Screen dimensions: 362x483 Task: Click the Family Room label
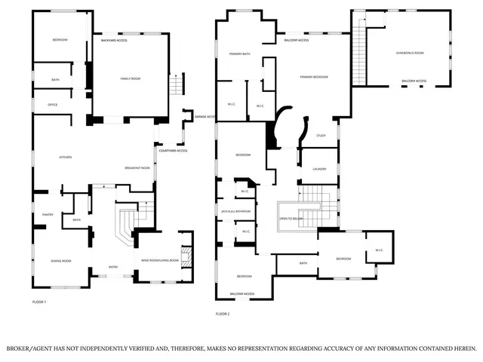(x=131, y=78)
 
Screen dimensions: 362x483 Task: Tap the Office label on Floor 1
(x=53, y=104)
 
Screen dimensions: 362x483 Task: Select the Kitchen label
(x=66, y=157)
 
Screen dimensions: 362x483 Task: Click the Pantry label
(x=47, y=213)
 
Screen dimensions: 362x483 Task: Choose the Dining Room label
(x=61, y=261)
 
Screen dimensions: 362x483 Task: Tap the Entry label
(x=113, y=266)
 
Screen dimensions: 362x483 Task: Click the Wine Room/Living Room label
(x=160, y=260)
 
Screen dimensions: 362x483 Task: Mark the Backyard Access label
(x=114, y=40)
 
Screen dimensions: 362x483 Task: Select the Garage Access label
(x=205, y=117)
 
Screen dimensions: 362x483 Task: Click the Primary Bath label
(x=240, y=54)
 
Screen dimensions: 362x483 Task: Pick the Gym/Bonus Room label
(x=410, y=53)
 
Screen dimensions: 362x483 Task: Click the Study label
(x=321, y=136)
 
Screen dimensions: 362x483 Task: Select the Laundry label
(x=319, y=169)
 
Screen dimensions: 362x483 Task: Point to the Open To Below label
(x=291, y=218)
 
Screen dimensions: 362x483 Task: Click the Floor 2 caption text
(x=223, y=314)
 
